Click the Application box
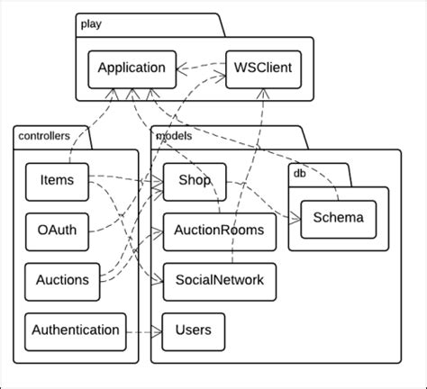click(x=132, y=68)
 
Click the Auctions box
click(x=62, y=280)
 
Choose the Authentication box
click(x=75, y=330)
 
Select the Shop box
click(x=188, y=181)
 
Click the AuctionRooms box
click(x=219, y=231)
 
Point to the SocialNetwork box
click(x=219, y=280)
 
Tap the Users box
click(x=193, y=330)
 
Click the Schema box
click(x=338, y=217)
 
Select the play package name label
click(x=90, y=25)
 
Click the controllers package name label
click(x=42, y=136)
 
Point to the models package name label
click(x=174, y=136)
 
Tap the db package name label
click(x=301, y=173)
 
